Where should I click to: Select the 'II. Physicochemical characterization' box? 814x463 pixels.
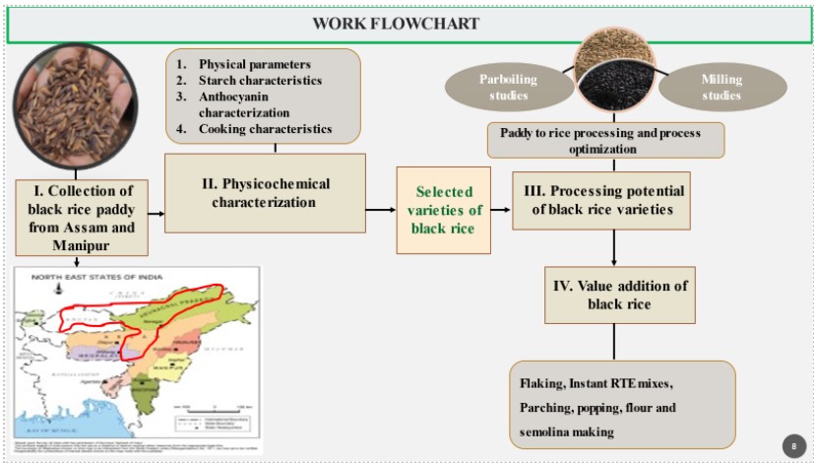tap(264, 193)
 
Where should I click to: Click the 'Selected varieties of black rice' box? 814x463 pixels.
tap(443, 211)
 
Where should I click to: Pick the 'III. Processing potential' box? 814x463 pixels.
tap(612, 200)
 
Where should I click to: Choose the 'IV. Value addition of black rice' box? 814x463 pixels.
tap(613, 294)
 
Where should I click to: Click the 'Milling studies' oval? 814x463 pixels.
tap(720, 88)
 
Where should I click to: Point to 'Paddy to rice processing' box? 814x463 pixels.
tap(606, 139)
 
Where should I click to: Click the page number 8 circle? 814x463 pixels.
tap(793, 445)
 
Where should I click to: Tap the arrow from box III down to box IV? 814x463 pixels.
tap(613, 247)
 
